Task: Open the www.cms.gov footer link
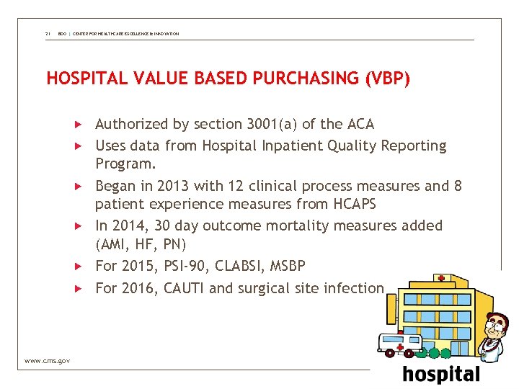click(x=47, y=360)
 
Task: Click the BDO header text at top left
click(x=63, y=34)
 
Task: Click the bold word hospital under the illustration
click(x=440, y=375)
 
